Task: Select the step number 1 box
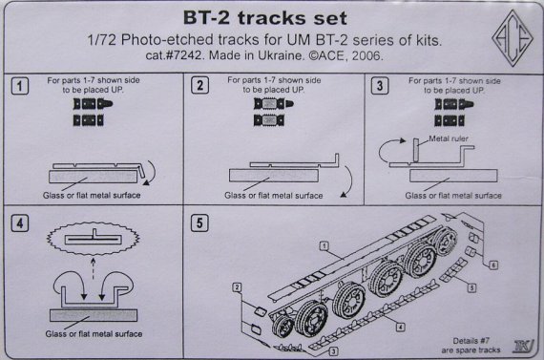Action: coord(20,87)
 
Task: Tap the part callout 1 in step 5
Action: coord(325,246)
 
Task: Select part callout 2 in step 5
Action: coord(235,286)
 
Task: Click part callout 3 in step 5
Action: coord(333,352)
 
